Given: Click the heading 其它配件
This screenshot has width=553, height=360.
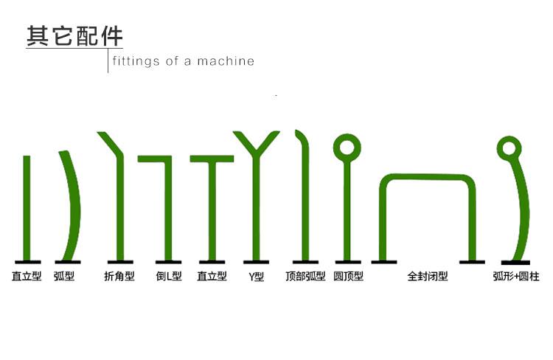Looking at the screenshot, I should click(74, 36).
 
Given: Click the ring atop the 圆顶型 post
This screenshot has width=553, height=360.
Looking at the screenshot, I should click(347, 146).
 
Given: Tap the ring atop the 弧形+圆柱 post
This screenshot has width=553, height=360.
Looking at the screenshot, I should click(508, 148).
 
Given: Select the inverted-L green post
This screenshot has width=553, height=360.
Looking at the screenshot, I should click(168, 207).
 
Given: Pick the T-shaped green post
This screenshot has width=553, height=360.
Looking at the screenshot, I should click(212, 207).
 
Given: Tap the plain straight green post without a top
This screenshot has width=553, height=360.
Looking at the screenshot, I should click(27, 207).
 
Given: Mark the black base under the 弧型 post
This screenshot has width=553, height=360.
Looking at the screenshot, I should click(68, 261).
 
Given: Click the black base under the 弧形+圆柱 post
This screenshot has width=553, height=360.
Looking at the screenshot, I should click(515, 262).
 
